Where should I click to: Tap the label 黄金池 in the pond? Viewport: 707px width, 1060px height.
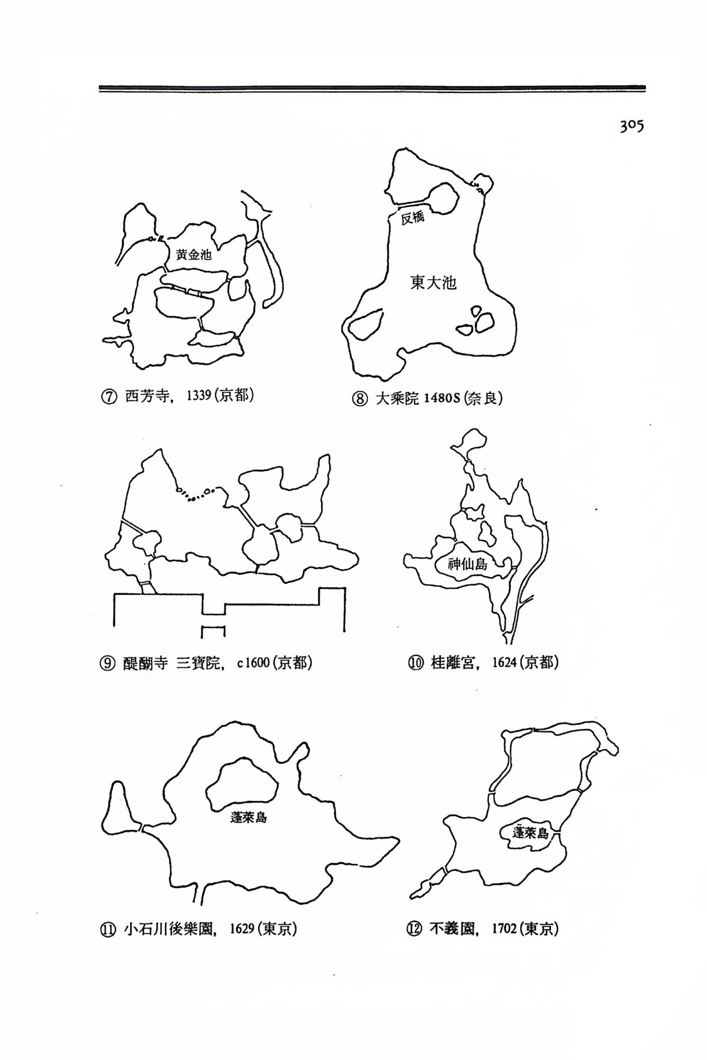tap(193, 254)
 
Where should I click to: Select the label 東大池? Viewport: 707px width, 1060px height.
tap(434, 283)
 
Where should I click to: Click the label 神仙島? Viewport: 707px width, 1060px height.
tap(468, 564)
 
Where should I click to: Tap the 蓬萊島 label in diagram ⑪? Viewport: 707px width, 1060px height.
tap(249, 818)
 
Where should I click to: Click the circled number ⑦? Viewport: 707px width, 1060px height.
tap(108, 396)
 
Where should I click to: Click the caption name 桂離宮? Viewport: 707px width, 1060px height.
tap(452, 662)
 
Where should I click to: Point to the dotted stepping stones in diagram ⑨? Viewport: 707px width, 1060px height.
tap(197, 493)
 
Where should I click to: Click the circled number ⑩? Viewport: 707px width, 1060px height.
tap(415, 663)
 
